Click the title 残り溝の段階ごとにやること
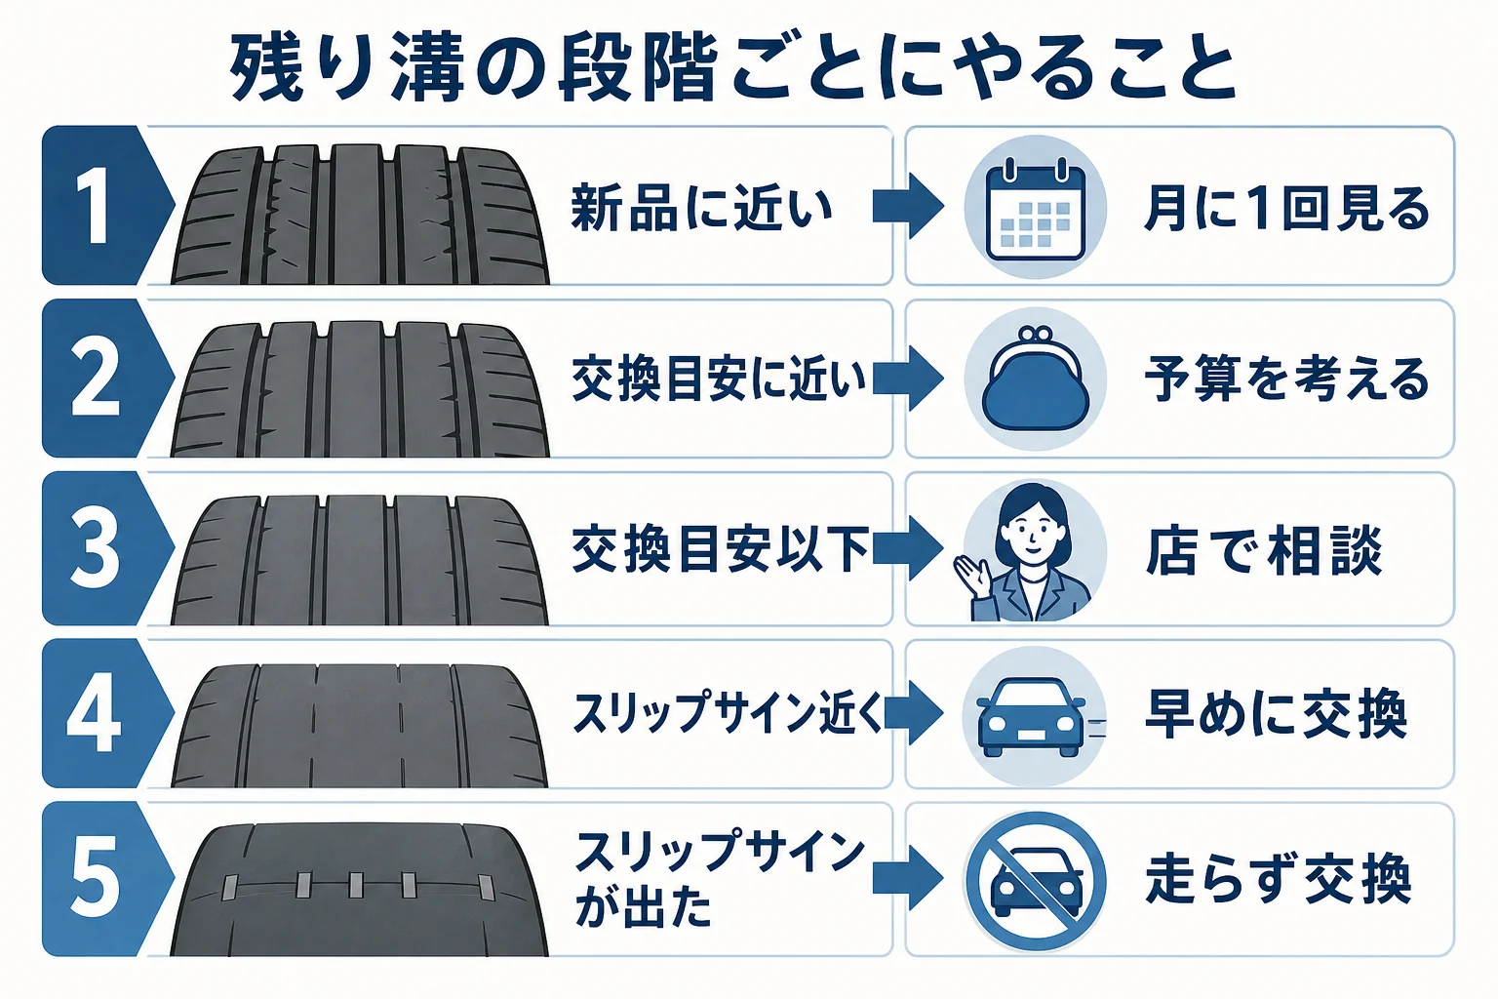pyautogui.click(x=733, y=68)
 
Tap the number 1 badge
pyautogui.click(x=107, y=206)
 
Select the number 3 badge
pyautogui.click(x=107, y=548)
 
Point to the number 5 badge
pyautogui.click(x=107, y=879)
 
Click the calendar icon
pyautogui.click(x=1035, y=208)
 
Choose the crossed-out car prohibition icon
pyautogui.click(x=1035, y=881)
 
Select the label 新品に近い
pyautogui.click(x=701, y=208)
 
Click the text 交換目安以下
pyautogui.click(x=721, y=550)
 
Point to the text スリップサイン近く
pyautogui.click(x=729, y=713)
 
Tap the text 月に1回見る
pyautogui.click(x=1286, y=209)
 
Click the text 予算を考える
pyautogui.click(x=1286, y=379)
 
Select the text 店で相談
pyautogui.click(x=1264, y=550)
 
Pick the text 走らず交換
pyautogui.click(x=1278, y=879)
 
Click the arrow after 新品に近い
pyautogui.click(x=908, y=207)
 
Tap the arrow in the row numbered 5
pyautogui.click(x=908, y=879)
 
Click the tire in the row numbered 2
pyautogui.click(x=360, y=388)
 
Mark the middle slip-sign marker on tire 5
pyautogui.click(x=356, y=885)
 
